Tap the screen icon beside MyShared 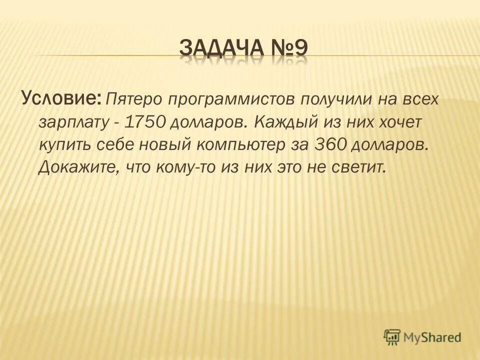pos(392,337)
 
